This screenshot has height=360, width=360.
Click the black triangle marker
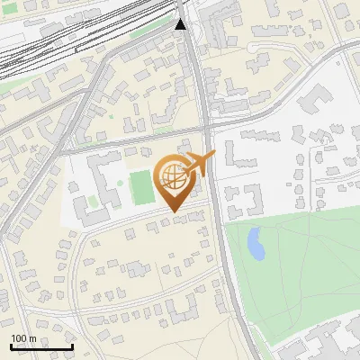pyautogui.click(x=181, y=23)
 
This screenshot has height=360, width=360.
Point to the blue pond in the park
pyautogui.click(x=256, y=243)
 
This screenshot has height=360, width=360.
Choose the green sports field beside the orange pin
pyautogui.click(x=141, y=187)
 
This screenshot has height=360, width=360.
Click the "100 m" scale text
pyautogui.click(x=23, y=338)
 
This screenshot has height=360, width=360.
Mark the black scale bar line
pyautogui.click(x=41, y=347)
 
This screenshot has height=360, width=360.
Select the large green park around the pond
pyautogui.click(x=297, y=270)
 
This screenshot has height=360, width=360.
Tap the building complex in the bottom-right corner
pyautogui.click(x=324, y=342)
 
